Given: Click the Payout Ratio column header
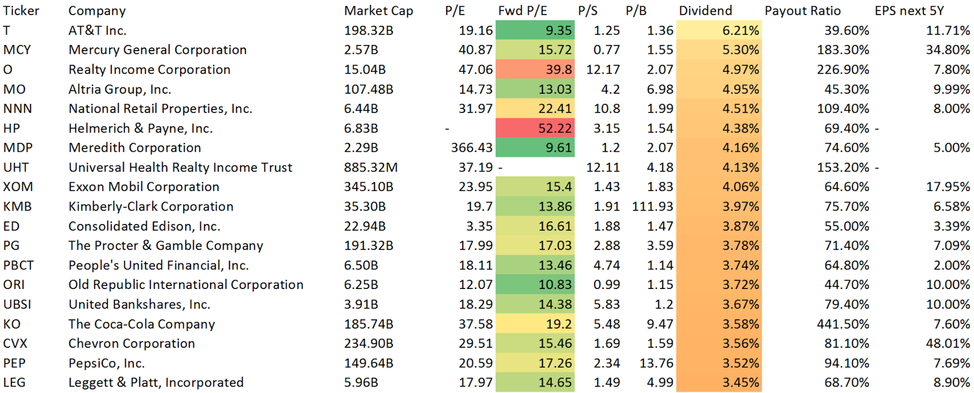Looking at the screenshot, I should coord(802,11).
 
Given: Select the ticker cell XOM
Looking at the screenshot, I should coord(18,187).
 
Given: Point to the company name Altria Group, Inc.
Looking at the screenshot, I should coord(119,89).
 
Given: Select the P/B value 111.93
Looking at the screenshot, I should coord(653,207).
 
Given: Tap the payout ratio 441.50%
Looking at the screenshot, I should coord(843,324).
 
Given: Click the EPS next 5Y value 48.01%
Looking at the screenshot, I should coord(947,344).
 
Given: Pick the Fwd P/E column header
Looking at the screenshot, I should coord(522,11).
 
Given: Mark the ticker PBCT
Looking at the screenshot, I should coord(18,265).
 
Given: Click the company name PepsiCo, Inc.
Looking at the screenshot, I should coord(107,363).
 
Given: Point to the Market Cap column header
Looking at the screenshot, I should coord(378,11).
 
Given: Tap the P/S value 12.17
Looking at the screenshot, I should coord(603,70).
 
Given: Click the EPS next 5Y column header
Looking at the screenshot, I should coord(909,11).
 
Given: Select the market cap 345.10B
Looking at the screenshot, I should coord(368,187).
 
